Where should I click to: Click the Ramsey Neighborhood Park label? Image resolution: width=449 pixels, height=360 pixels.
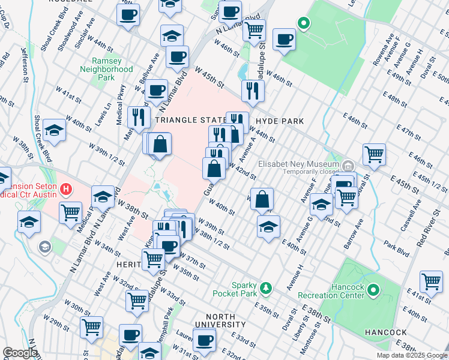pos(106,69)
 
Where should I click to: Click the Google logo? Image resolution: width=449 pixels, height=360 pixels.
pos(20,353)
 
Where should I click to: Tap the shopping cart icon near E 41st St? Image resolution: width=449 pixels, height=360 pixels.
pos(431,281)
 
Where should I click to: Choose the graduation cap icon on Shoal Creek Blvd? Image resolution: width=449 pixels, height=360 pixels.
pos(54,132)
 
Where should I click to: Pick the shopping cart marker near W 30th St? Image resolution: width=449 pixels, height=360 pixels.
pos(92,327)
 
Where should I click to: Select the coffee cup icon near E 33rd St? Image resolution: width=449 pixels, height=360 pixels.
pos(204,341)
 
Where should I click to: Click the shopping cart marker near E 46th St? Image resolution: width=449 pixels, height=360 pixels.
pos(374,154)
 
